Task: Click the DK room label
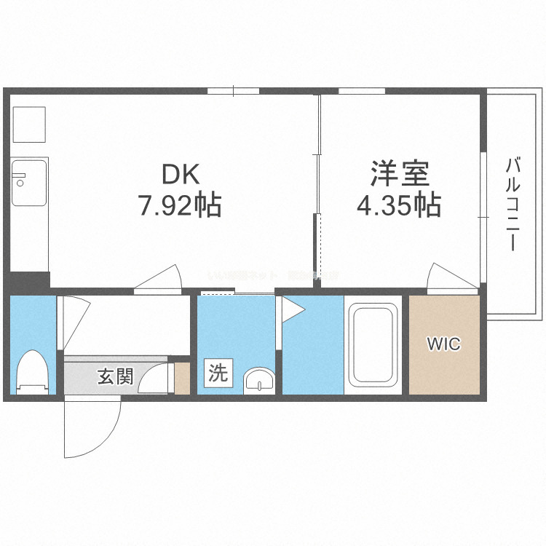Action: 180,175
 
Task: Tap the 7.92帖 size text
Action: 180,206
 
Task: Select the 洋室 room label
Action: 400,175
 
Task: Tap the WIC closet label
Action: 443,344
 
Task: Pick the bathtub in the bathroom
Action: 374,345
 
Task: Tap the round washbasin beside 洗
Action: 258,379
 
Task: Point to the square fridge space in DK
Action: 29,124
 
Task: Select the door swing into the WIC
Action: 443,277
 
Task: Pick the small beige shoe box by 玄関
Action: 182,378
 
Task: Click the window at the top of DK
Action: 234,91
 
